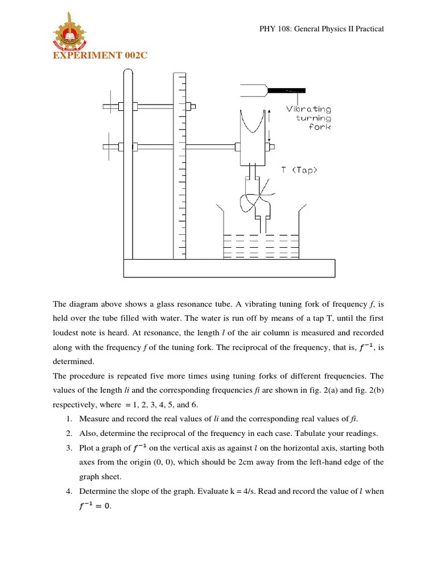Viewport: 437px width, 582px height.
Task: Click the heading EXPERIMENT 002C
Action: point(96,55)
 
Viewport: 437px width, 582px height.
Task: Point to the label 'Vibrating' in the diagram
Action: point(308,109)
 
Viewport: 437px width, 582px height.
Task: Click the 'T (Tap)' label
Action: point(299,170)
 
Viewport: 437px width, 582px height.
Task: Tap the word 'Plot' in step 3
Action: point(87,448)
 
